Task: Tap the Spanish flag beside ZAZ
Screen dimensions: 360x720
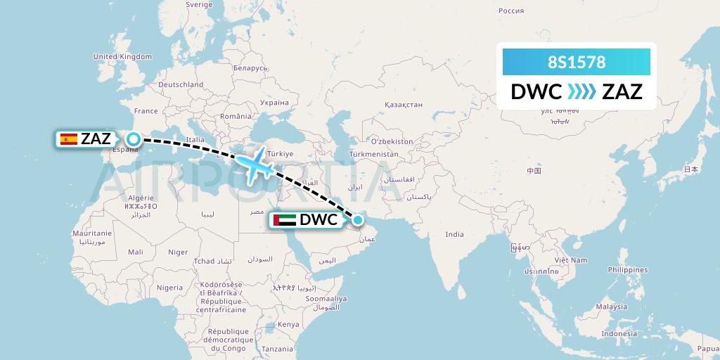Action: (x=69, y=139)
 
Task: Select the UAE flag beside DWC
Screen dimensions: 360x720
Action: (x=284, y=220)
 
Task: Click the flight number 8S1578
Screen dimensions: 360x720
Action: (x=577, y=62)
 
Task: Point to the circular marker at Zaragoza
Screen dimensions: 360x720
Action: (x=132, y=139)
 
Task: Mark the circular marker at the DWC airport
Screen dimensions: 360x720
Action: (x=358, y=220)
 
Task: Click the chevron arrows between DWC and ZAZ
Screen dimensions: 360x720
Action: (x=581, y=91)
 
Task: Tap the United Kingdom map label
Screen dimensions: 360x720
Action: (x=122, y=56)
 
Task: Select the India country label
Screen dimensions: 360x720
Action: (x=455, y=235)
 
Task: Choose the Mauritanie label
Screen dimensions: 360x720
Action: (x=92, y=233)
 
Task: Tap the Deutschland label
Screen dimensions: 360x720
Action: (x=181, y=84)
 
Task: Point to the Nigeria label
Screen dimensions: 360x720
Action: (x=169, y=288)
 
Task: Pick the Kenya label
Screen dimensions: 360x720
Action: (x=288, y=324)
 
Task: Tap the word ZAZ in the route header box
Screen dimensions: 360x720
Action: (x=622, y=91)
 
